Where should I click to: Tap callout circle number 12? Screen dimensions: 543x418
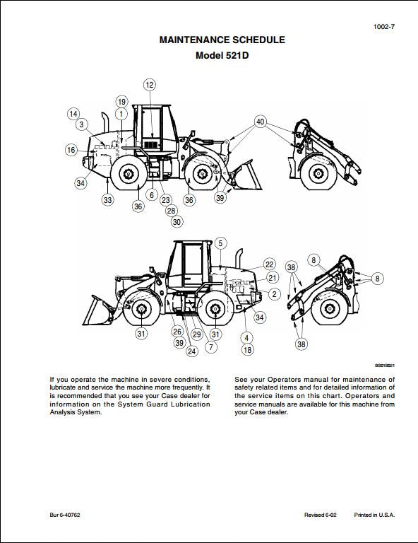(149, 85)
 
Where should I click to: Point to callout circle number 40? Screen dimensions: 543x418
(261, 122)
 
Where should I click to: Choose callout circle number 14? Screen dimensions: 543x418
(73, 113)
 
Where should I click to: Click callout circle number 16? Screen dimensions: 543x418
(71, 150)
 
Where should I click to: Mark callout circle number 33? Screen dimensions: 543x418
(107, 200)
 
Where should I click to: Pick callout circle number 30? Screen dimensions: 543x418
(177, 222)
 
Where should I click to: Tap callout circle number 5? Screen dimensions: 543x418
(220, 243)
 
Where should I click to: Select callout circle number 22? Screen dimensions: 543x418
(269, 264)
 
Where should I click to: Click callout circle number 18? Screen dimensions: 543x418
(247, 349)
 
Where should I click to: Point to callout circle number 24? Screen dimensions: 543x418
(191, 351)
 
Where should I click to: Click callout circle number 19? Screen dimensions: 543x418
(121, 101)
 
